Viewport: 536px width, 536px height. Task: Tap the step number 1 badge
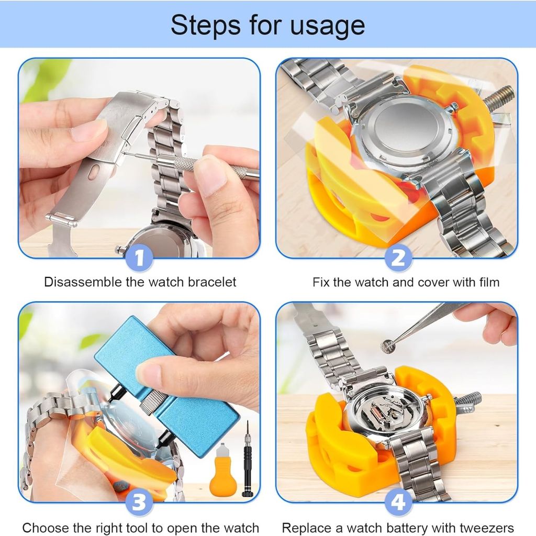pyautogui.click(x=139, y=258)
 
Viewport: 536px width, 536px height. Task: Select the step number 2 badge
pyautogui.click(x=398, y=258)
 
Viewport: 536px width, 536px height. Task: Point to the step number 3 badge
pyautogui.click(x=139, y=502)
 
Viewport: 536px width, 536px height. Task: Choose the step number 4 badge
pyautogui.click(x=398, y=502)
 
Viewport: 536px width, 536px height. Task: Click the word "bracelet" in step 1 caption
pyautogui.click(x=212, y=282)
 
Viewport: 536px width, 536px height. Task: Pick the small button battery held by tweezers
pyautogui.click(x=388, y=347)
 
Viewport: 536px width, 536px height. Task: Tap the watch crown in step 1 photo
pyautogui.click(x=120, y=249)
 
